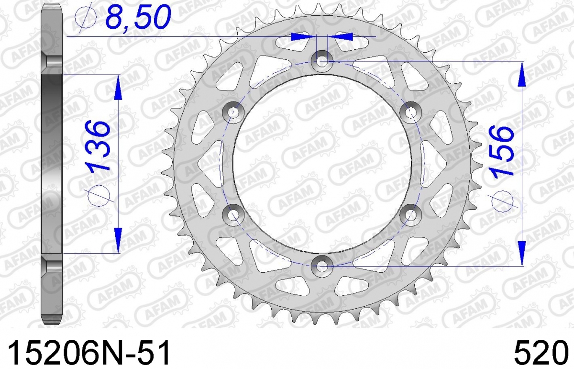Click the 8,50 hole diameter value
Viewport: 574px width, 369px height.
click(138, 17)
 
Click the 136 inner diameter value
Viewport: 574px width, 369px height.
click(99, 146)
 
